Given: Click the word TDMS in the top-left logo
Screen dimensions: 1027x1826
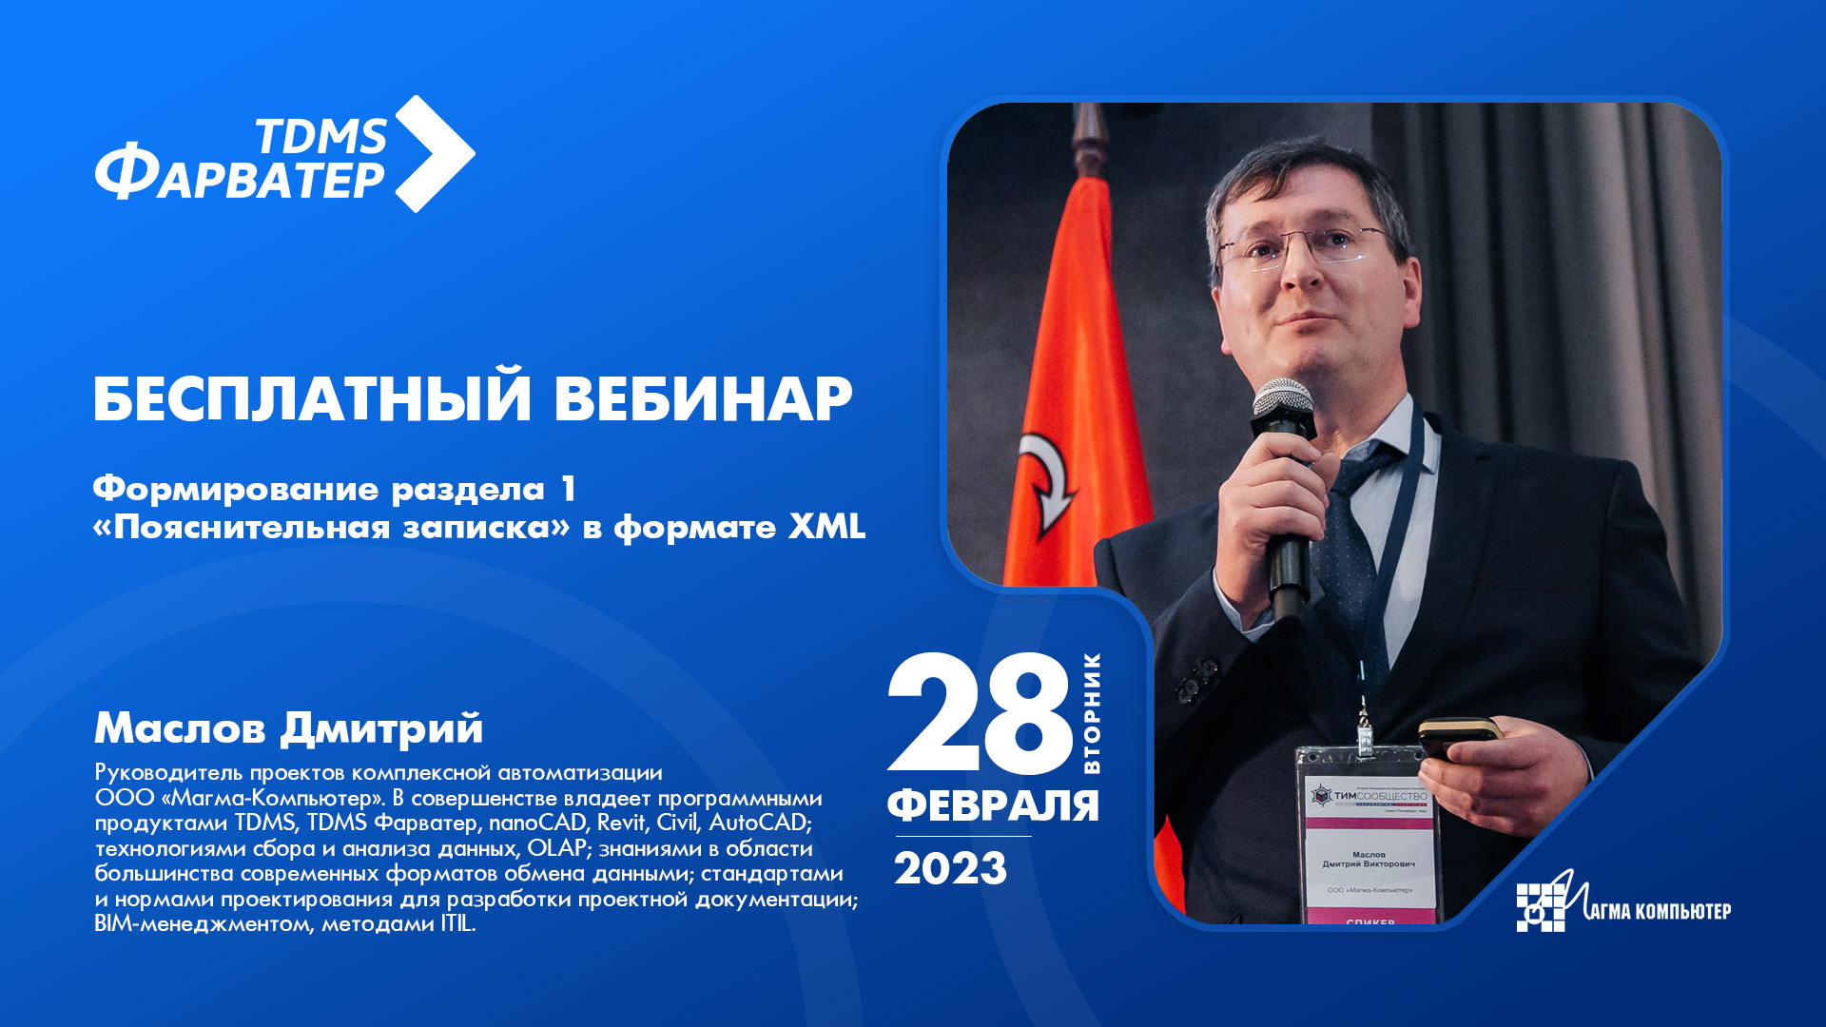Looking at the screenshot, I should click(321, 137).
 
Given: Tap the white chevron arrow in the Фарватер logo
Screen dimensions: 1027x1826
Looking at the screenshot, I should click(435, 153).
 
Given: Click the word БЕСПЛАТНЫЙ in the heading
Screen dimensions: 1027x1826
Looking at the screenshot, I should click(312, 398).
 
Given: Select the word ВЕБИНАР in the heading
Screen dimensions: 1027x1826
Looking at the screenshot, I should click(703, 398).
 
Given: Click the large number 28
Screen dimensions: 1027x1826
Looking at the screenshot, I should click(980, 715).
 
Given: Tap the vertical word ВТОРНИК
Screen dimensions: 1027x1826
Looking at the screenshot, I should click(1092, 713).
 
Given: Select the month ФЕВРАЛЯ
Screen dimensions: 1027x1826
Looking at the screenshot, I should click(993, 805).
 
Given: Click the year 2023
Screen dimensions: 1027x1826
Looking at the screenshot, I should click(950, 869).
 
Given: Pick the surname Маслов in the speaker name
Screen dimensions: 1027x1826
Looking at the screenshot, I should click(180, 728).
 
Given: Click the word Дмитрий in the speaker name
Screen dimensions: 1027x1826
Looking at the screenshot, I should click(381, 728).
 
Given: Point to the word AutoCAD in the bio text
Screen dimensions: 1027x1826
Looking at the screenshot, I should click(758, 823).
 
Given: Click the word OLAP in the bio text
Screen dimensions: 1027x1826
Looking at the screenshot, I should click(556, 848).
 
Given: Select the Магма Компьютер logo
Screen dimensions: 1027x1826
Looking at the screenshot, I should click(1622, 903).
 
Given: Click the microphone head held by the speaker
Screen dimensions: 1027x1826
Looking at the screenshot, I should click(1283, 405).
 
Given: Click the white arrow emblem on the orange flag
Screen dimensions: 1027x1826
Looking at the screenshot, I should click(1047, 480).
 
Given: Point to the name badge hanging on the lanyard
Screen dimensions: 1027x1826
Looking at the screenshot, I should click(1367, 837).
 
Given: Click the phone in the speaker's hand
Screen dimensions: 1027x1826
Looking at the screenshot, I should click(1457, 736).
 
